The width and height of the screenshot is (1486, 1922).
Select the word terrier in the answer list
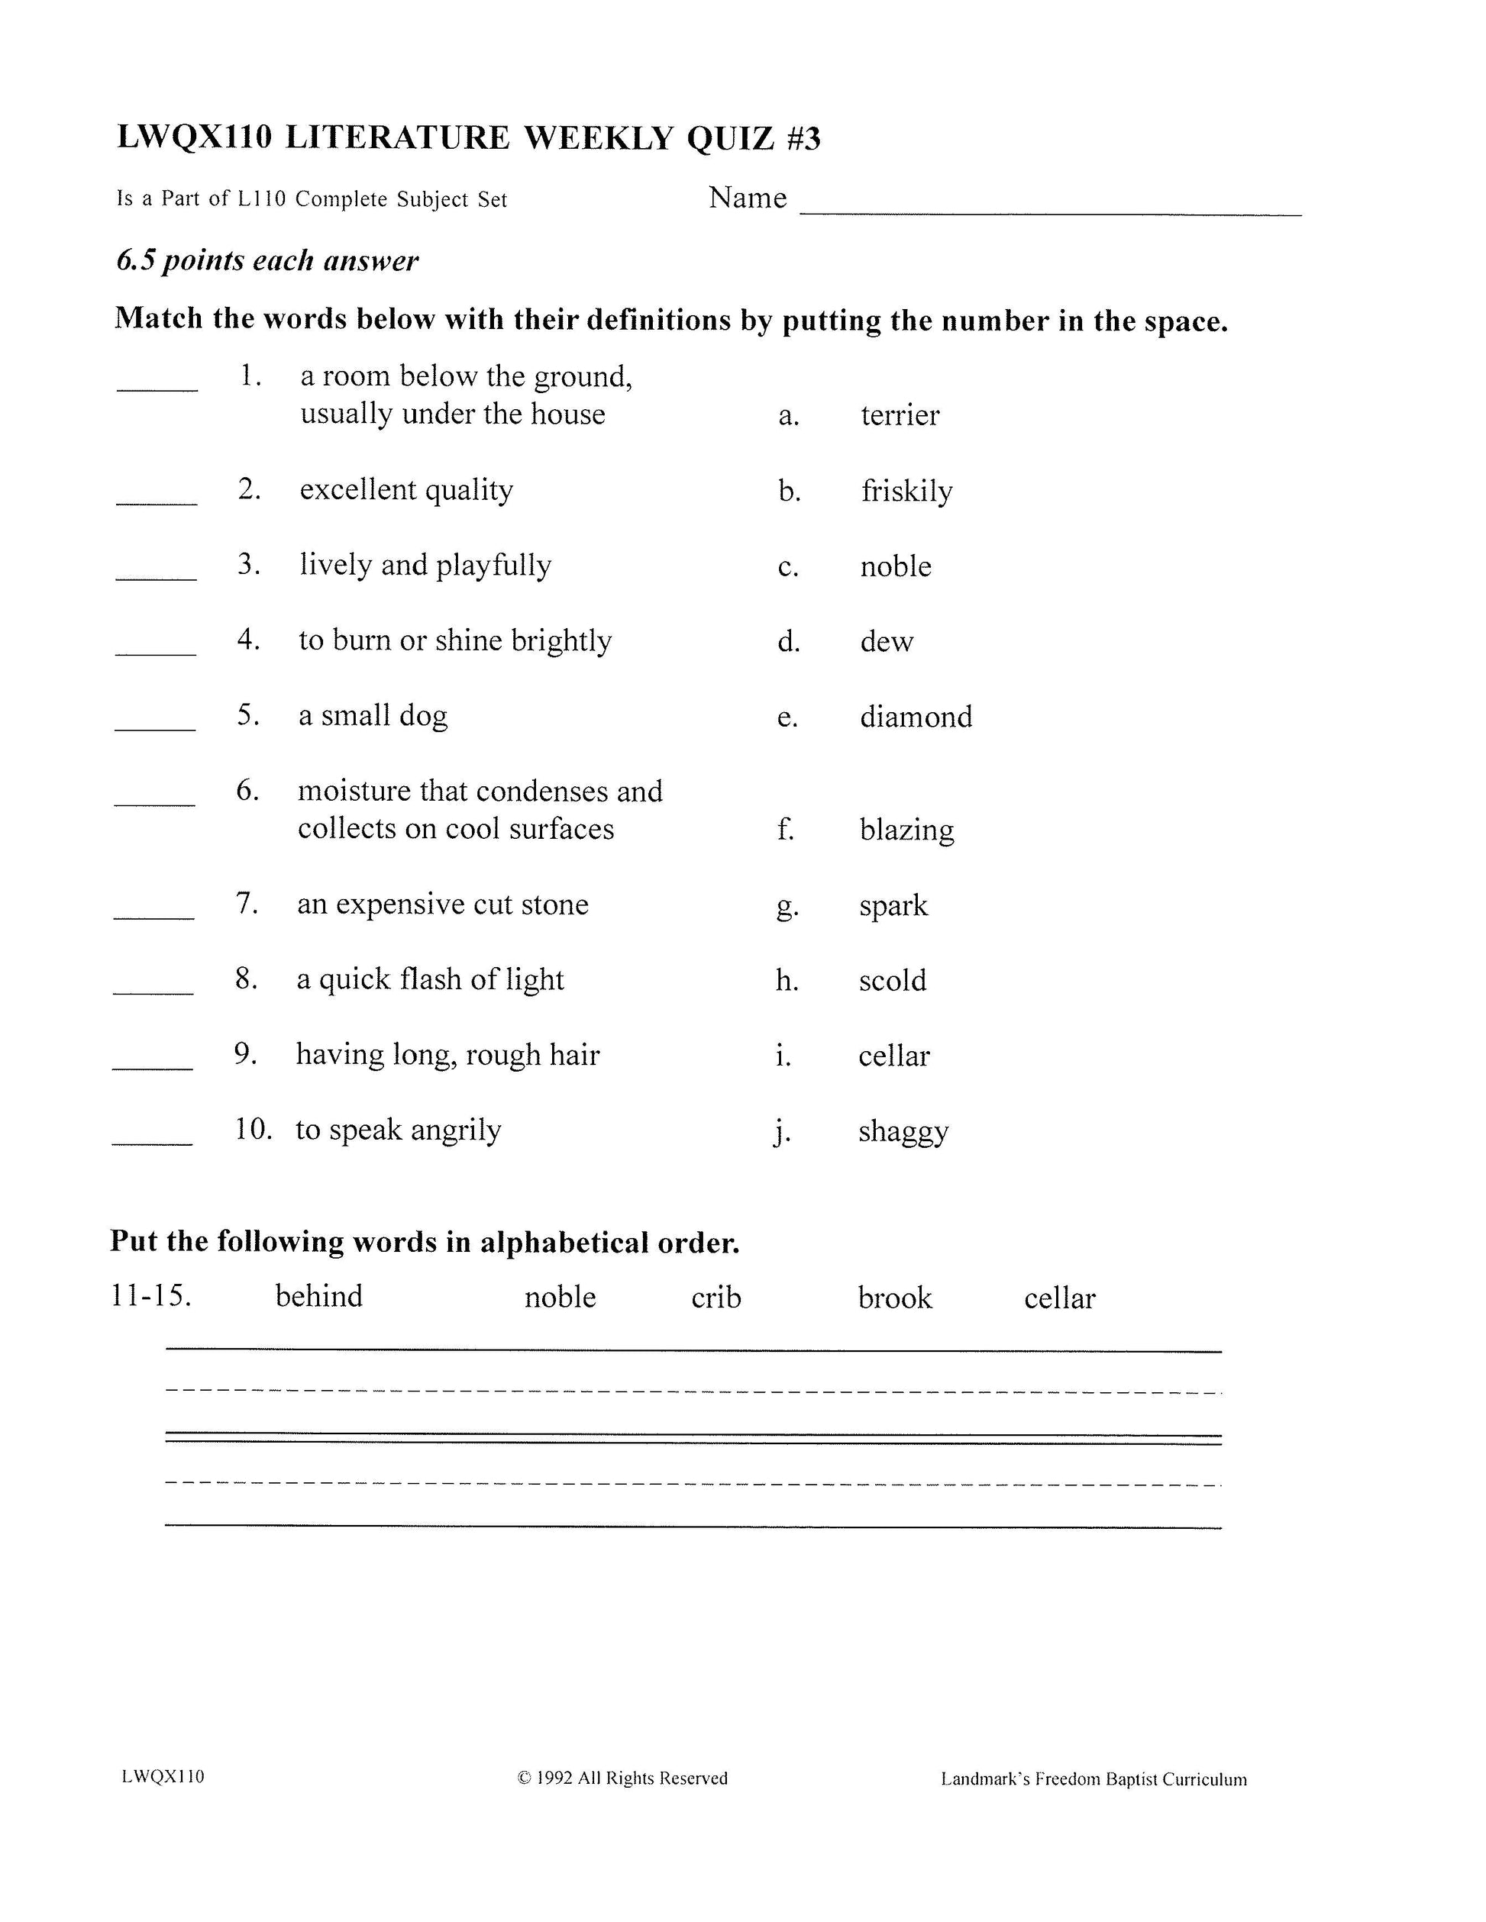tap(900, 415)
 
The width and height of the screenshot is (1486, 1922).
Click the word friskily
tap(906, 491)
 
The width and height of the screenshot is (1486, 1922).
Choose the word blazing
tap(906, 830)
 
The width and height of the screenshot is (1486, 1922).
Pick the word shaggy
tap(903, 1132)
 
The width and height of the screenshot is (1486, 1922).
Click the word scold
tap(893, 980)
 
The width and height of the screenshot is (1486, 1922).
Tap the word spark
tap(893, 905)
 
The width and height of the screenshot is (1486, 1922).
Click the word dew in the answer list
tap(887, 641)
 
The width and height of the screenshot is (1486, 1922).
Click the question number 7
tap(247, 904)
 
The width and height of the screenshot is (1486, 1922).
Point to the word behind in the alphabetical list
tap(318, 1296)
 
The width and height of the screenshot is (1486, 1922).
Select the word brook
tap(894, 1298)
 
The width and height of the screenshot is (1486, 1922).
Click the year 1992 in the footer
tap(554, 1778)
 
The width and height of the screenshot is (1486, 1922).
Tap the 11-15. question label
tap(150, 1295)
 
